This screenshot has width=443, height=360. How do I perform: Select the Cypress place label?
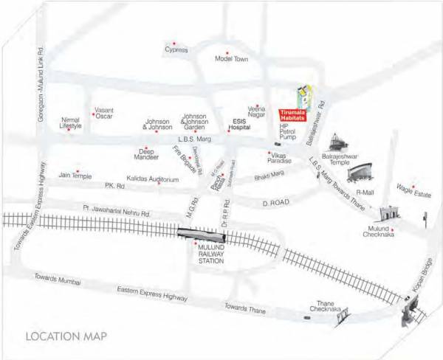[x=176, y=50]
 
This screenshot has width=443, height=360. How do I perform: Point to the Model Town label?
[x=228, y=59]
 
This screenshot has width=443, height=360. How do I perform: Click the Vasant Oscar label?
[x=104, y=111]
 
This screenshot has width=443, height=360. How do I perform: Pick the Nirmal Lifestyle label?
[x=71, y=123]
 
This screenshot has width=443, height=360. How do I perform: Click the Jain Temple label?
[x=75, y=176]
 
